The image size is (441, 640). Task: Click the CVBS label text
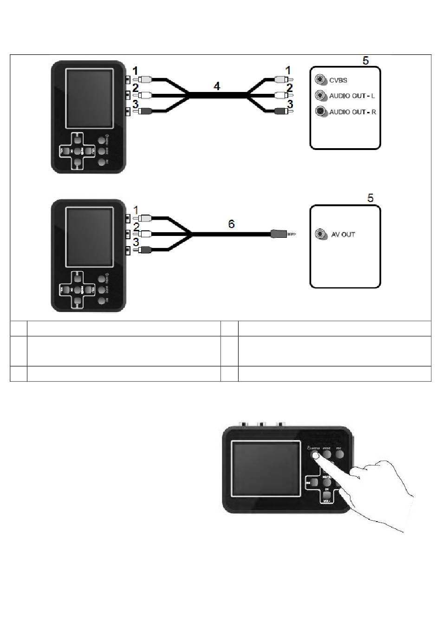coord(338,80)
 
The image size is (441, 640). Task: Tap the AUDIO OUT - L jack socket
coord(319,96)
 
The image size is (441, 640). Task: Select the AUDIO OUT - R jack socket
coord(319,111)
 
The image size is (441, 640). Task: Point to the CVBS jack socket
coord(319,80)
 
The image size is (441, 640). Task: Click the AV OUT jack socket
coord(320,234)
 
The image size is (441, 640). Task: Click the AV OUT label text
coord(343,235)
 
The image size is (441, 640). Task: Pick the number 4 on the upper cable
coord(216,86)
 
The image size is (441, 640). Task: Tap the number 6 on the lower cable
coord(231,224)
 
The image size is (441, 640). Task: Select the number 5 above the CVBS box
coord(366,60)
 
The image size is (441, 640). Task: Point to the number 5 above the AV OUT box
coord(370,198)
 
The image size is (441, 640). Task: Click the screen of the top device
coord(90,98)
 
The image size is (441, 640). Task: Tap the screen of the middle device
coord(90,237)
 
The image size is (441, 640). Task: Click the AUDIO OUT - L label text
coord(352,96)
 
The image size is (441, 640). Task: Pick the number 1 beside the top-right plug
coord(288,70)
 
